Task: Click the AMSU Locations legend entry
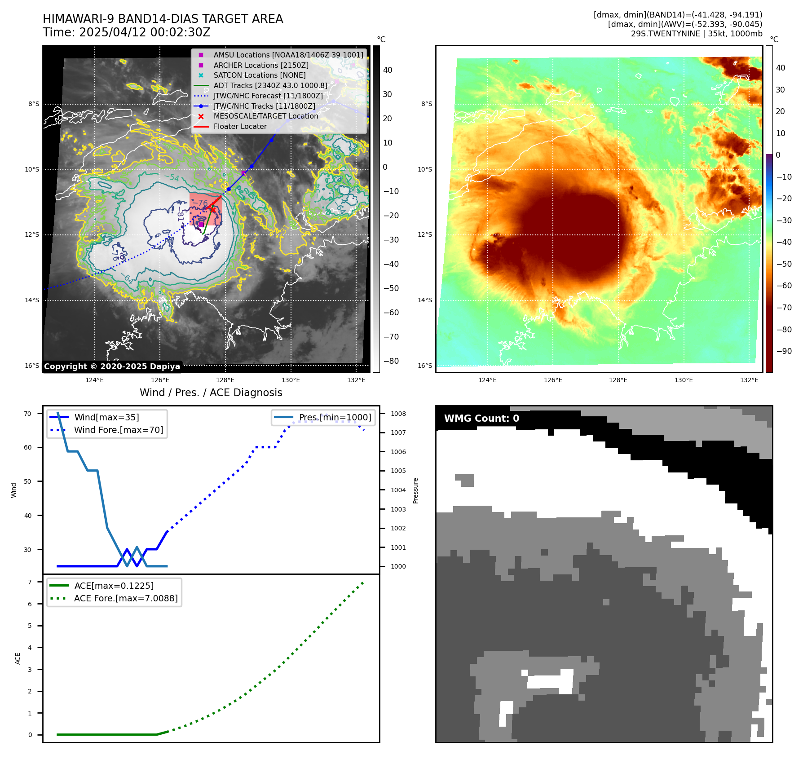[x=288, y=55]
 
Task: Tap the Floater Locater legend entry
[x=240, y=126]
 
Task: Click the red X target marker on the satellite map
[x=213, y=209]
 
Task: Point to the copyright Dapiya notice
[x=112, y=366]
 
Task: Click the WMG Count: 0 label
[x=481, y=419]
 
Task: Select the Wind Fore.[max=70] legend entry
[x=119, y=430]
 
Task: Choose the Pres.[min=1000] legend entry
[x=335, y=417]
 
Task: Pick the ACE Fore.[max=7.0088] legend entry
[x=126, y=598]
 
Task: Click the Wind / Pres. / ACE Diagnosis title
[x=211, y=393]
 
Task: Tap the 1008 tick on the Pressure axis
[x=398, y=414]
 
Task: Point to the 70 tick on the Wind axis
[x=28, y=414]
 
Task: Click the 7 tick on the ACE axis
[x=30, y=582]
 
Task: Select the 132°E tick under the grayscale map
[x=356, y=380]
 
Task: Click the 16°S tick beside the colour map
[x=425, y=366]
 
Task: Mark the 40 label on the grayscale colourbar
[x=388, y=70]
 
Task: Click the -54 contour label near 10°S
[x=172, y=178]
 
